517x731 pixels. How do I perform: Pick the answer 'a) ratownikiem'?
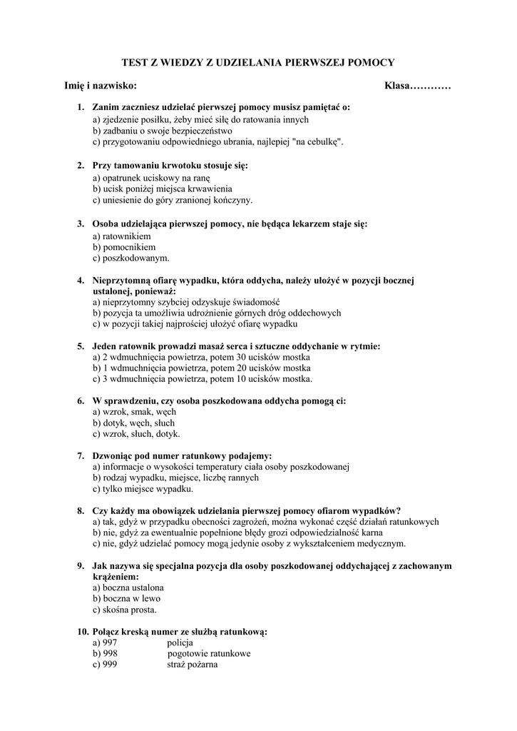[x=121, y=235]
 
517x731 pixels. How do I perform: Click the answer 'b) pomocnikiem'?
[x=123, y=246]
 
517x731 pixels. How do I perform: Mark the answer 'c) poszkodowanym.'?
[x=131, y=258]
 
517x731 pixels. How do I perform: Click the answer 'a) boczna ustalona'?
[x=128, y=588]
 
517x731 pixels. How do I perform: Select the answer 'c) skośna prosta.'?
[x=125, y=610]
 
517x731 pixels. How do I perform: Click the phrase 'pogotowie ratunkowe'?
[x=209, y=653]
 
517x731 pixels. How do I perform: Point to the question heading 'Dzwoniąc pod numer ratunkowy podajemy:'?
[x=182, y=455]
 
